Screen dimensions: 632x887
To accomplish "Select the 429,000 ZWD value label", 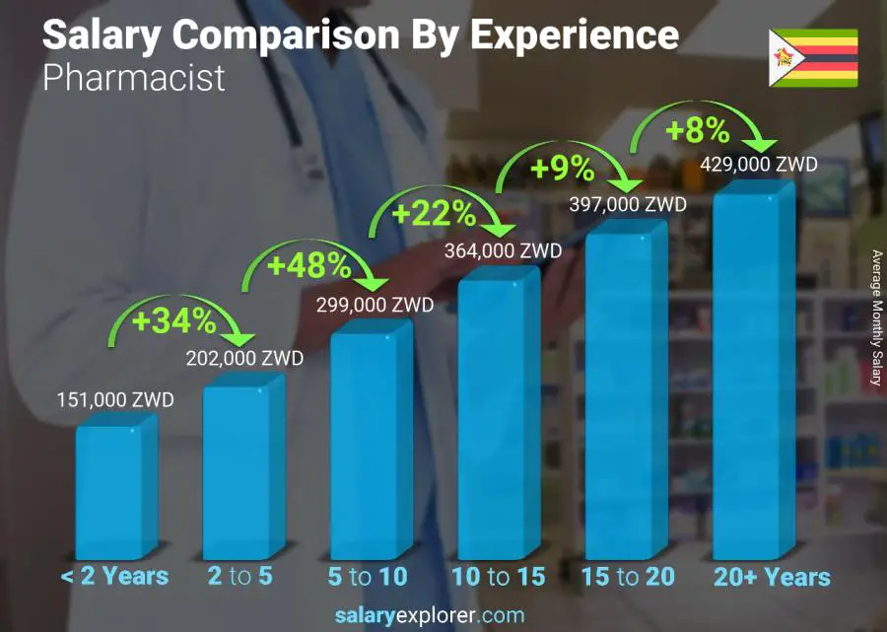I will (759, 165).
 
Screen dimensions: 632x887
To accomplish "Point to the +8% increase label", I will (696, 130).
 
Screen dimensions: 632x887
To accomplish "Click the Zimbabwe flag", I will (813, 58).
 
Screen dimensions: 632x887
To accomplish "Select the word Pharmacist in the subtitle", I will (134, 78).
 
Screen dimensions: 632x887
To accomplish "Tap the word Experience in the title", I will (574, 35).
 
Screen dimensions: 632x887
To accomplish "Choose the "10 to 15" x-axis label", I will (498, 577).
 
